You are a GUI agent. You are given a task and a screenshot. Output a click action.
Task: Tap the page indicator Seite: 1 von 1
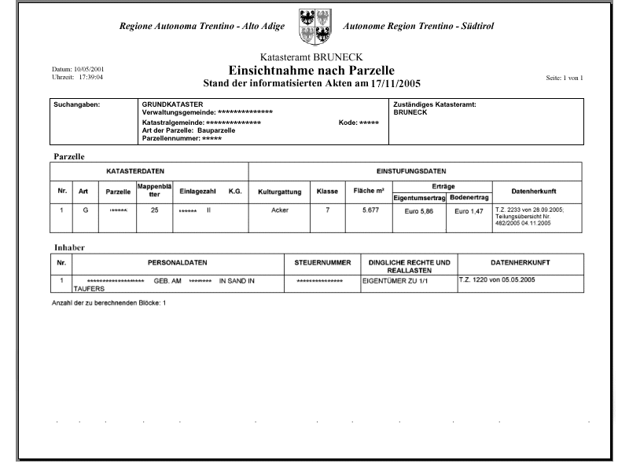click(563, 78)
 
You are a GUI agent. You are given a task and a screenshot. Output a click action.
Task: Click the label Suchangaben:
click(76, 104)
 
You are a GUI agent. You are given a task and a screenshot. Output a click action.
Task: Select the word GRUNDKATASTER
click(172, 104)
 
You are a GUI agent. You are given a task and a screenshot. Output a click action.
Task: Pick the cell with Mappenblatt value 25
click(155, 210)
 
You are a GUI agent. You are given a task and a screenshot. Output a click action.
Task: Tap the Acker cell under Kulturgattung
click(279, 210)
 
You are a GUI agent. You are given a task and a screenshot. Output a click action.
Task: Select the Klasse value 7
click(327, 210)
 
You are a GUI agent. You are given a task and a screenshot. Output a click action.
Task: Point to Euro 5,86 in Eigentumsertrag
click(418, 212)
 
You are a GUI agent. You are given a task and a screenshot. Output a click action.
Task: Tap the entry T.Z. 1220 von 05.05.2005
click(498, 279)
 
